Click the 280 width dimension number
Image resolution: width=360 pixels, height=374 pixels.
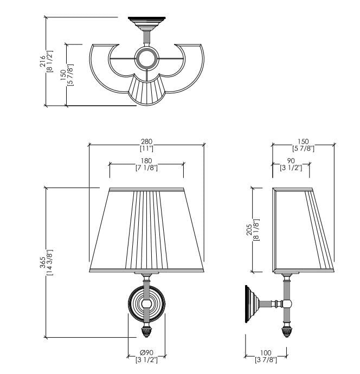coord(146,141)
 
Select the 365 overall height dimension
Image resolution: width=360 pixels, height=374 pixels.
coord(42,262)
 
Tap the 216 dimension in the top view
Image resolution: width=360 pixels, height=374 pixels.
coord(42,61)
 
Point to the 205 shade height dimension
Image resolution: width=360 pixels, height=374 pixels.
coord(249,229)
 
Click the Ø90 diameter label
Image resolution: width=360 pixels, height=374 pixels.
coord(146,352)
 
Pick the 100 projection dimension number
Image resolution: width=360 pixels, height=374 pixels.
coord(266,352)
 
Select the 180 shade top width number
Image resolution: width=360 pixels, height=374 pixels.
coord(146,161)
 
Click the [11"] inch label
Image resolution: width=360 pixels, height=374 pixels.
coord(146,149)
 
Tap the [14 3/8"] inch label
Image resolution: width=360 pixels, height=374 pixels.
coord(50,262)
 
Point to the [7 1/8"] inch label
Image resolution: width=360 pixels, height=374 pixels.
coord(146,167)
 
